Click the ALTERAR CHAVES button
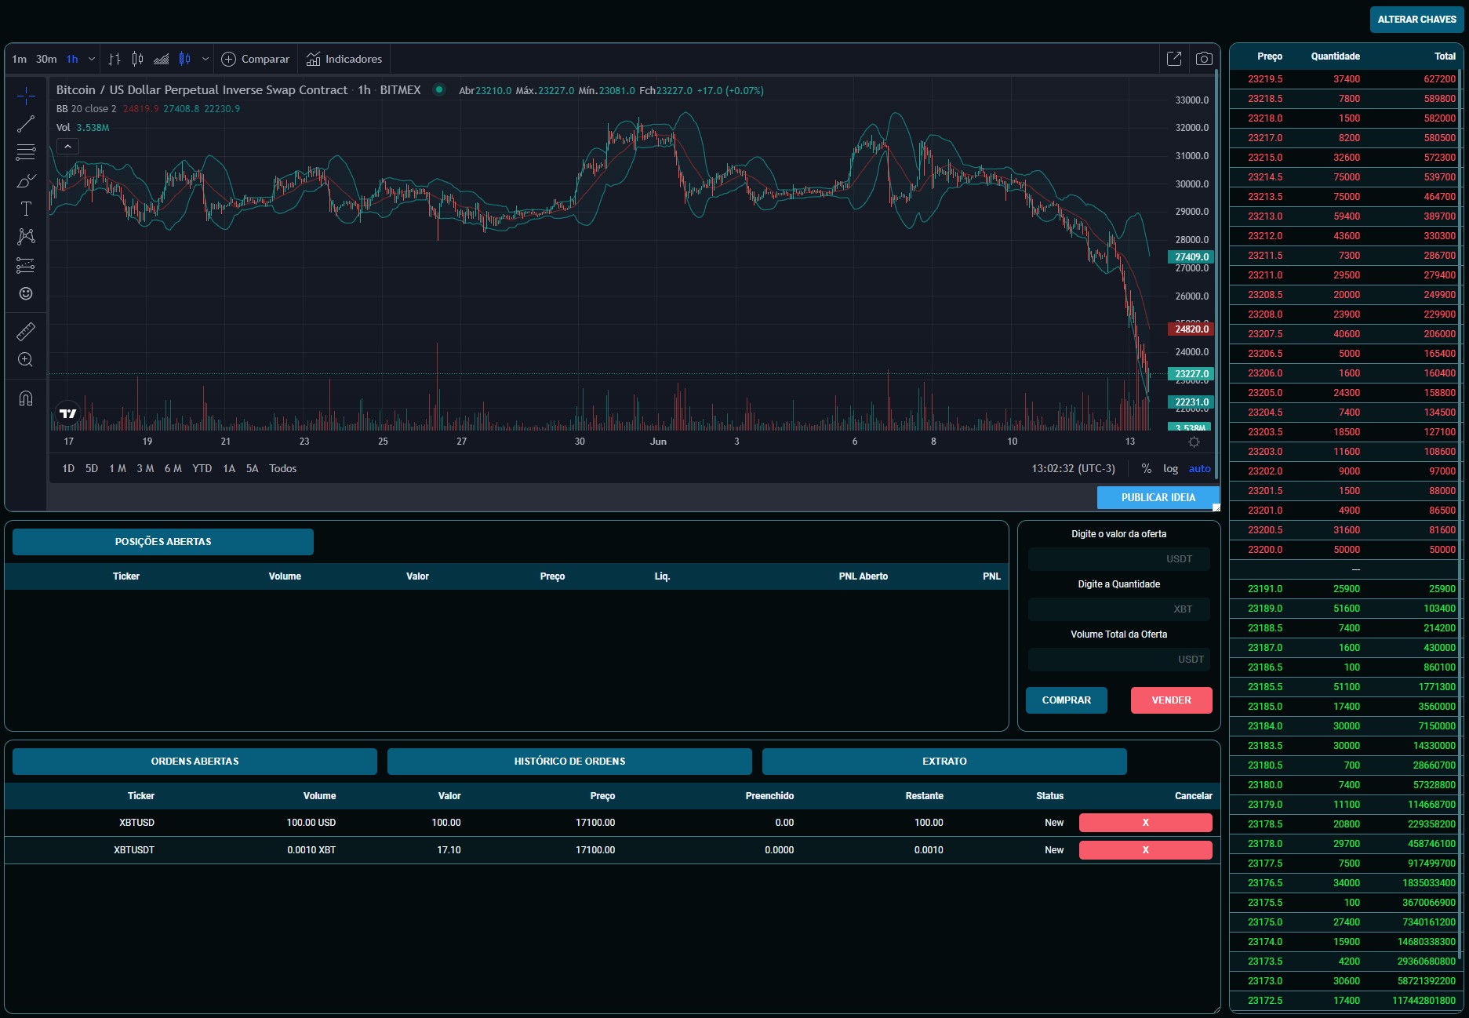pos(1416,20)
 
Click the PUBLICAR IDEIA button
pos(1158,497)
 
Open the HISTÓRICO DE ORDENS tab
pos(569,762)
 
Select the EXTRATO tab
pos(944,762)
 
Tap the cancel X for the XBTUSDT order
pos(1145,850)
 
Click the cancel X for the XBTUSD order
pos(1145,823)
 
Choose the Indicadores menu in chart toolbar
pos(344,59)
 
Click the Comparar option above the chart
pos(256,59)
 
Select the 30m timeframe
pos(46,59)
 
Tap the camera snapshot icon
pos(1204,59)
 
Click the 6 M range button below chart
pos(173,468)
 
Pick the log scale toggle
pos(1170,468)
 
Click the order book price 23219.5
pos(1265,79)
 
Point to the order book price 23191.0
pos(1265,589)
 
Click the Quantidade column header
pos(1336,56)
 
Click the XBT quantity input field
pos(1118,609)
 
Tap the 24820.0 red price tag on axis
pos(1191,329)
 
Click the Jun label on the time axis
pos(658,442)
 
